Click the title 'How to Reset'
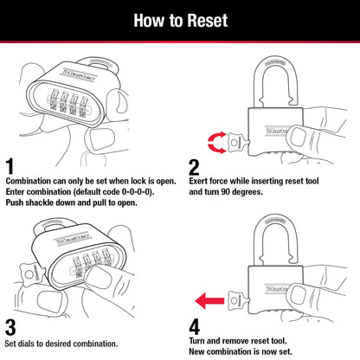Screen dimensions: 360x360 coord(179,18)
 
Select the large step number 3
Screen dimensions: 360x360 coord(11,327)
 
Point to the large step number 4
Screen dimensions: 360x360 coord(194,327)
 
